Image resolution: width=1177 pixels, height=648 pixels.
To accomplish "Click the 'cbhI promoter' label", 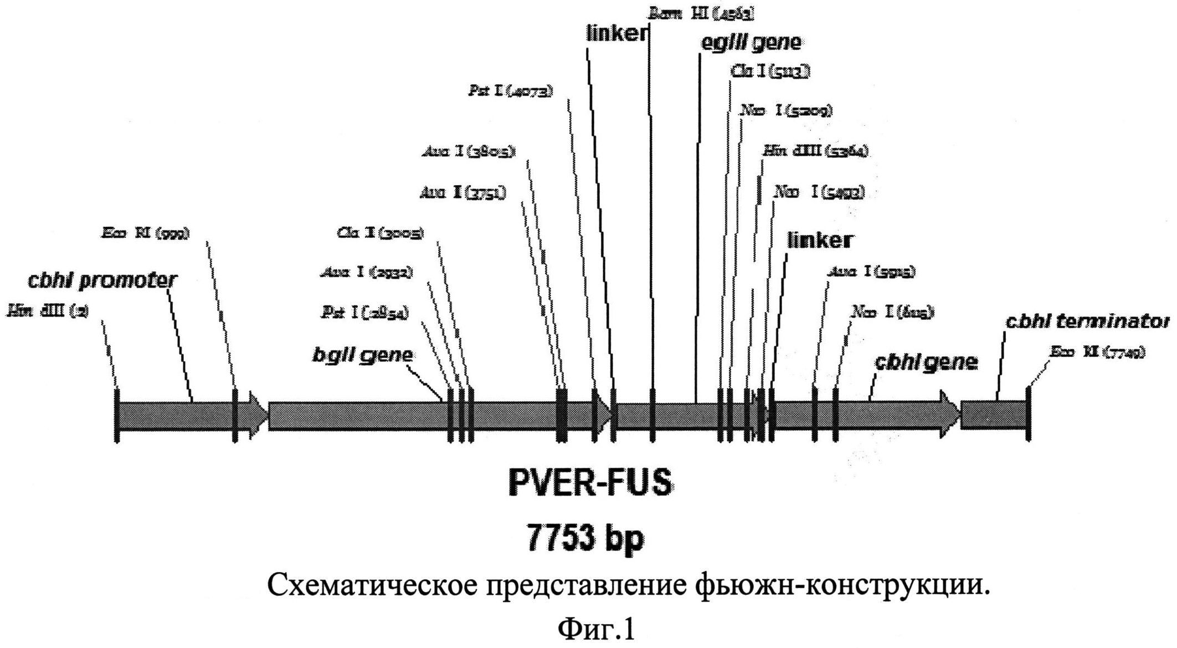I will coord(102,280).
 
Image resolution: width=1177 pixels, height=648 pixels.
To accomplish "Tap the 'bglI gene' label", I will coord(362,355).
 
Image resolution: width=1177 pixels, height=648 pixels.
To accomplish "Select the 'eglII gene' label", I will coord(751,43).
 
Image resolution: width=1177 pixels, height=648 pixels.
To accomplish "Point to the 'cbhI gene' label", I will coord(926,363).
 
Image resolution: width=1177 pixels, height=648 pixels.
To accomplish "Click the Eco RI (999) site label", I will coord(145,233).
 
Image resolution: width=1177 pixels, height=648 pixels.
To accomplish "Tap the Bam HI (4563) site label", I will coord(701,14).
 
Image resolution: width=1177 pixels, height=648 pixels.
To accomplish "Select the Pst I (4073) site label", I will coord(510,91).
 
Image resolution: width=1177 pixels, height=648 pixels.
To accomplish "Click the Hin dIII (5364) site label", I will coord(815,151).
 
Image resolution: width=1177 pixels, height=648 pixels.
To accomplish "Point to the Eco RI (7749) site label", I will coord(1097,351).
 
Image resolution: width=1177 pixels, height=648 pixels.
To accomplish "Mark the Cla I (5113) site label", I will coord(771,71).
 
